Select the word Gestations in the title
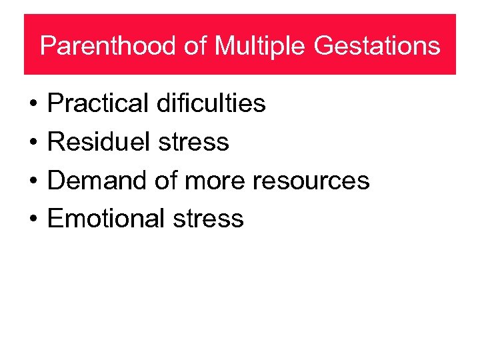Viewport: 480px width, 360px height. (377, 47)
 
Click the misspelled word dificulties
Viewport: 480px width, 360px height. (211, 103)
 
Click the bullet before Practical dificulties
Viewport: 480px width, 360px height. (33, 105)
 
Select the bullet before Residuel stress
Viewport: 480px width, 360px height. (33, 143)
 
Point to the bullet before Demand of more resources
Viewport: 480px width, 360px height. (33, 181)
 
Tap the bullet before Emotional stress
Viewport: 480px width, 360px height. (33, 219)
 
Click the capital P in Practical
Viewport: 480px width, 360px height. (55, 103)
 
